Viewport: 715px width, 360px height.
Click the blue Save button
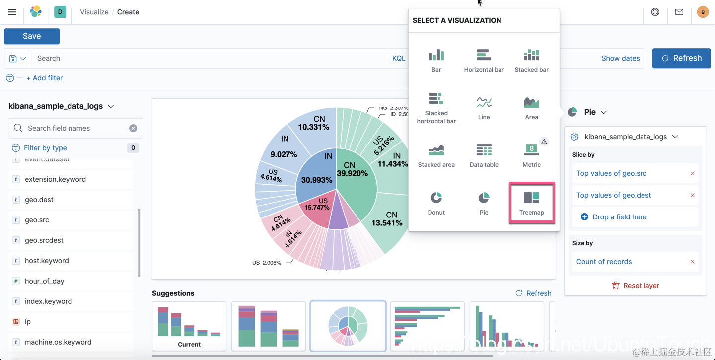32,36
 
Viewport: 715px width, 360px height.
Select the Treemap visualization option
531,203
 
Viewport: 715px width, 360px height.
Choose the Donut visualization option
436,203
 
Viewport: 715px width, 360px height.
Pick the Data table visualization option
484,155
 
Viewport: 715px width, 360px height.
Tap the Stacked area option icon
436,150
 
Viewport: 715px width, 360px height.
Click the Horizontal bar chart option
484,60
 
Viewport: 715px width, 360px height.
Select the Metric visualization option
531,155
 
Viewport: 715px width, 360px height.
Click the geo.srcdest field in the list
44,240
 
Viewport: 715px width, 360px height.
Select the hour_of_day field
44,281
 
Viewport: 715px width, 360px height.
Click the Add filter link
44,78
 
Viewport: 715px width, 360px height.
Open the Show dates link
620,58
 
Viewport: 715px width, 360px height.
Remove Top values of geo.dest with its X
692,195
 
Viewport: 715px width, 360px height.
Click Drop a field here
619,217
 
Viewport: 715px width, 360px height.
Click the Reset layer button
635,286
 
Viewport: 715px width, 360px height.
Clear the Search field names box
133,128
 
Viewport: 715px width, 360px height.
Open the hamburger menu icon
12,12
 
